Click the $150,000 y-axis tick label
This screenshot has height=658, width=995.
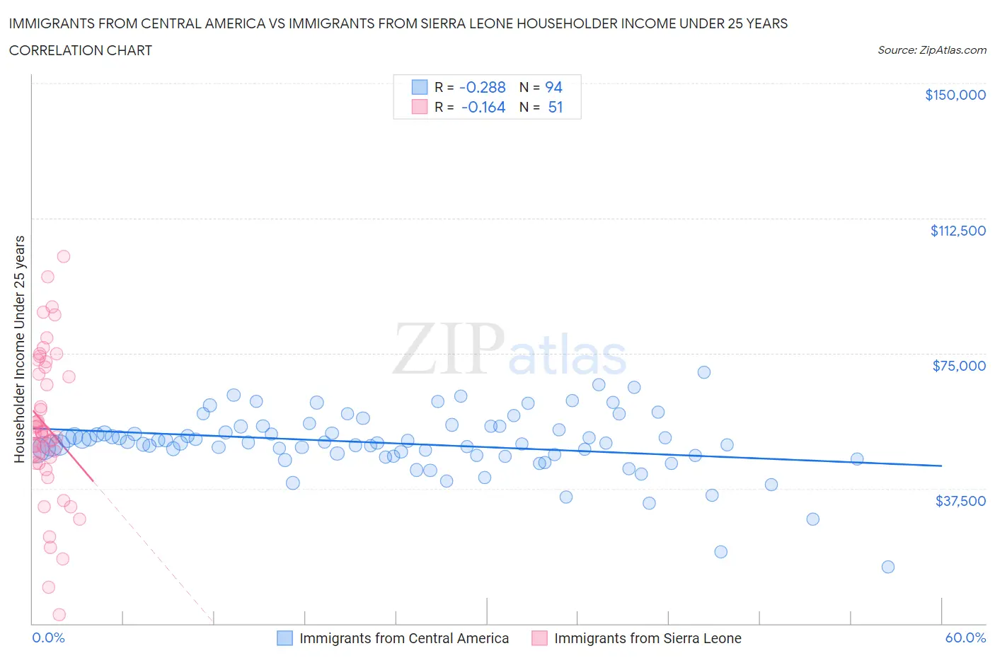point(955,95)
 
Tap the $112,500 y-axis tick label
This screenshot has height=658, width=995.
point(957,231)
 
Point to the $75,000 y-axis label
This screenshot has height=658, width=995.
point(958,366)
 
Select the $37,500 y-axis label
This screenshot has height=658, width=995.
point(960,501)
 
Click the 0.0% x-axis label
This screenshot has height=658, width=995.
point(48,637)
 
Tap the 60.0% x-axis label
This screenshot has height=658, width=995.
point(965,637)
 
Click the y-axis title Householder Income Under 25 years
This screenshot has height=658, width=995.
point(19,349)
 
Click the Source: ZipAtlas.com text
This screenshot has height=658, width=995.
point(931,50)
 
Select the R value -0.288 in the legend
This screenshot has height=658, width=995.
point(482,87)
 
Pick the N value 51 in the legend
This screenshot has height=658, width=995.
point(555,108)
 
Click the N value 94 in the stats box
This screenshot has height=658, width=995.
point(553,87)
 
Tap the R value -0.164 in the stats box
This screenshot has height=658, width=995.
point(483,108)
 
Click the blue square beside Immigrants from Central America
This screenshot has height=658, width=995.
point(284,638)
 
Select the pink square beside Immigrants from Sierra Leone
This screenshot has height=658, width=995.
point(539,638)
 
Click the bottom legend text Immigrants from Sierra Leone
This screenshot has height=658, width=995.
point(647,638)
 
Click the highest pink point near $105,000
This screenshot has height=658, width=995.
point(63,256)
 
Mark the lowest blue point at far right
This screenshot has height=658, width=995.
point(887,567)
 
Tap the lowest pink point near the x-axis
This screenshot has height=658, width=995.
point(59,615)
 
